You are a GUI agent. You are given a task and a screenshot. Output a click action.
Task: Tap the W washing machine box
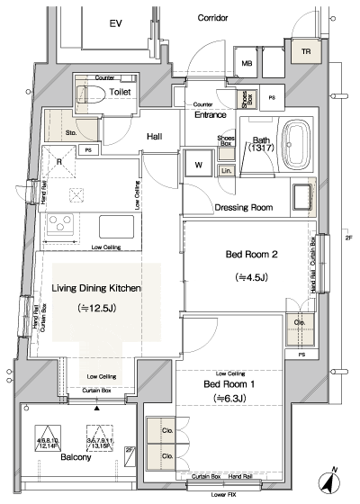(x=198, y=164)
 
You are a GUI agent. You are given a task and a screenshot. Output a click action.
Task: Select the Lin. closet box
(x=227, y=170)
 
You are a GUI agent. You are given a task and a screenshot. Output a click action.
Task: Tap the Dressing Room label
(x=243, y=208)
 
